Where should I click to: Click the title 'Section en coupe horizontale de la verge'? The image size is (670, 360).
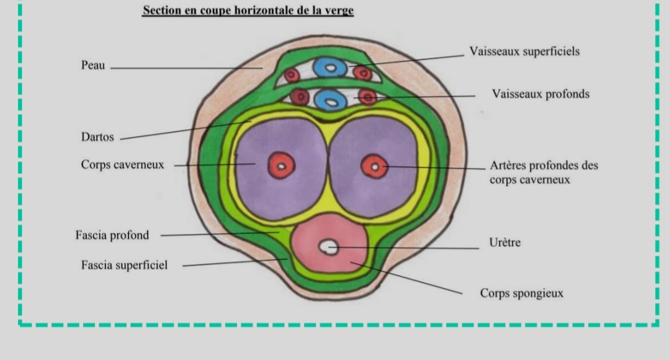click(248, 11)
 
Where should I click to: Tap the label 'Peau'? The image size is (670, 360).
click(93, 65)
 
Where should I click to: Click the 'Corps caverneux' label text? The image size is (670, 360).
click(122, 165)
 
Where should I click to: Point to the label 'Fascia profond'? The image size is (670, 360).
click(112, 235)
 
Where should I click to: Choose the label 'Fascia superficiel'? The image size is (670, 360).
click(124, 266)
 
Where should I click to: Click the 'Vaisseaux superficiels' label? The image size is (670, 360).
click(525, 52)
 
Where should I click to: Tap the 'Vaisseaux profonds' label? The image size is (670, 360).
click(540, 94)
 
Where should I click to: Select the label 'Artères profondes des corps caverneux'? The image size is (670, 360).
click(543, 173)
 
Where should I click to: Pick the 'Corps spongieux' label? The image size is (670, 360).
click(522, 293)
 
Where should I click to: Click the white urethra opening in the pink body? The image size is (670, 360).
click(328, 247)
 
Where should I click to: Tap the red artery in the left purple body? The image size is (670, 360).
click(281, 166)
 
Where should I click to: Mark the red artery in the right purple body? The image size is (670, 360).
click(374, 166)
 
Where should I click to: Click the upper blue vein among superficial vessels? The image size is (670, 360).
click(330, 68)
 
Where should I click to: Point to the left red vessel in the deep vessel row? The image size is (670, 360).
click(300, 96)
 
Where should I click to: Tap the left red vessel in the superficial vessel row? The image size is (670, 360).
click(292, 76)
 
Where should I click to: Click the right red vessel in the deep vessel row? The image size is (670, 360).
click(367, 97)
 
